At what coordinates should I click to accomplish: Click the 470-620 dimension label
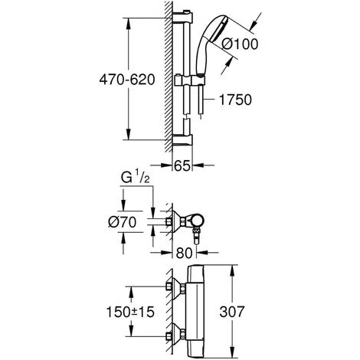(127, 80)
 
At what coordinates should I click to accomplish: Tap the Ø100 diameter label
(240, 44)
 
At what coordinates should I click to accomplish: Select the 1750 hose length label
(235, 100)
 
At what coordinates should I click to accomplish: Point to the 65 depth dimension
(182, 165)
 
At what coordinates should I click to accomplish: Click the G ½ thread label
(135, 178)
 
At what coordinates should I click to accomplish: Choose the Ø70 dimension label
(122, 222)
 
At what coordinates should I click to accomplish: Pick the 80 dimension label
(184, 253)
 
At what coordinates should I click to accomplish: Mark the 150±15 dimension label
(130, 312)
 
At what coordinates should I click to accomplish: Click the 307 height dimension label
(232, 312)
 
